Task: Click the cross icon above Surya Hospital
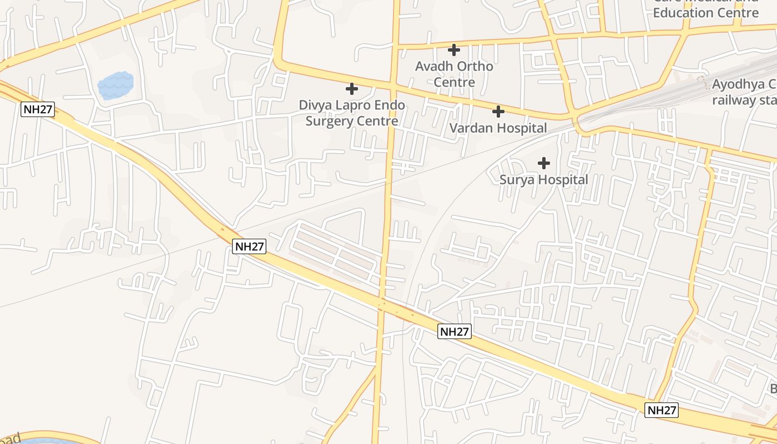pyautogui.click(x=544, y=163)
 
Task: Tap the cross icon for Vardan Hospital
pyautogui.click(x=498, y=112)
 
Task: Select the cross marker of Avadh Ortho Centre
pyautogui.click(x=454, y=50)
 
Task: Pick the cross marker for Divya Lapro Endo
pyautogui.click(x=351, y=89)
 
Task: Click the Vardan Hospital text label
pyautogui.click(x=498, y=128)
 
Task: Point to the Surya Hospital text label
pyautogui.click(x=543, y=180)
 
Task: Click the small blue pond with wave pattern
pyautogui.click(x=116, y=85)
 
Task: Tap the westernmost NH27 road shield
pyautogui.click(x=38, y=109)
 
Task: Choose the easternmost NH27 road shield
pyautogui.click(x=662, y=410)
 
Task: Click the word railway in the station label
pyautogui.click(x=734, y=100)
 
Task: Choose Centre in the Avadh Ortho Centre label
pyautogui.click(x=454, y=82)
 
